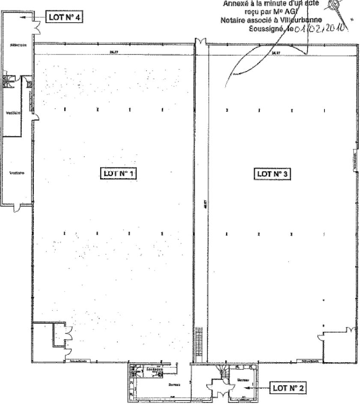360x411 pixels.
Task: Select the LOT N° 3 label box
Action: tap(273, 174)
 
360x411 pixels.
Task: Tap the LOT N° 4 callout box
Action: tap(64, 18)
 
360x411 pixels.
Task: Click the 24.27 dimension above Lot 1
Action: tap(113, 52)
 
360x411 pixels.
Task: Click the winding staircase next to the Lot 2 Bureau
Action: tap(223, 371)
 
